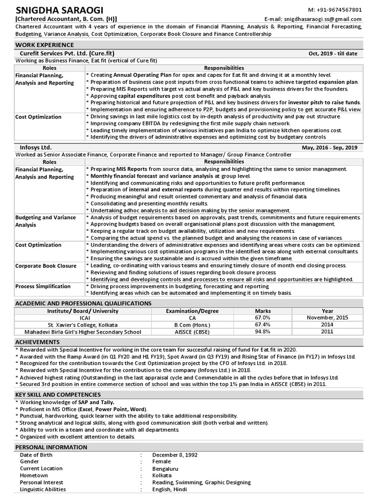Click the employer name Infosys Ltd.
tap(36, 147)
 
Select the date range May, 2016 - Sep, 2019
tap(329, 147)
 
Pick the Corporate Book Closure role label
tap(46, 266)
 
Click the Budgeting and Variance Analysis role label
tap(46, 221)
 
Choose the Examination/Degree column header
tap(192, 311)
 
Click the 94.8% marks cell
tap(263, 332)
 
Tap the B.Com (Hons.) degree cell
tap(192, 324)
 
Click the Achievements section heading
tap(37, 342)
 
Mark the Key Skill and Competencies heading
tap(58, 394)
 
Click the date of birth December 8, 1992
tap(175, 455)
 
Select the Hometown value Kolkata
tap(162, 475)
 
